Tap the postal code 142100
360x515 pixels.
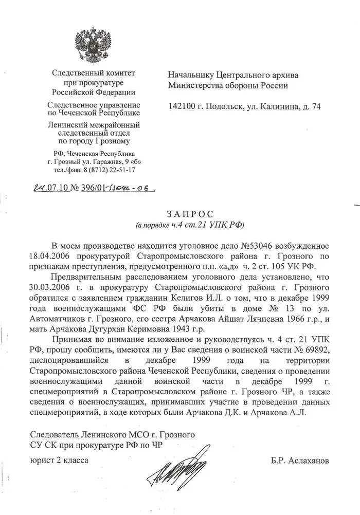click(x=183, y=107)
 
